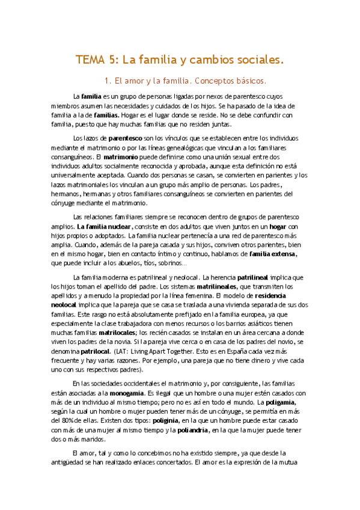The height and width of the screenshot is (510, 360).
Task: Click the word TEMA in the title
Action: [x=90, y=60]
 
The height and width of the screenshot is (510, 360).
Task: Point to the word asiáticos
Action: [x=268, y=323]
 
